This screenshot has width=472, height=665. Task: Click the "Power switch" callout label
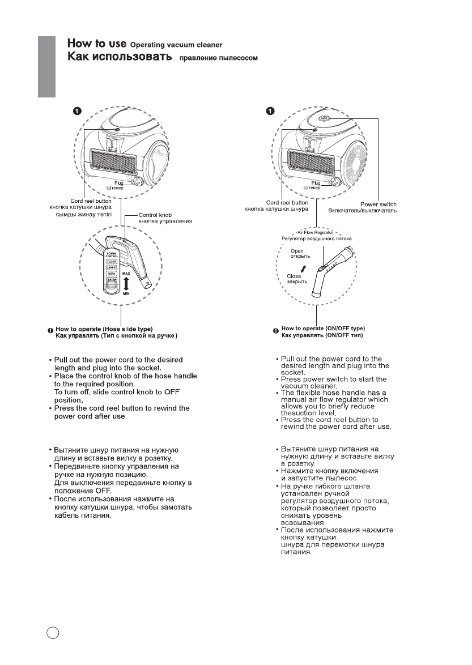tap(378, 204)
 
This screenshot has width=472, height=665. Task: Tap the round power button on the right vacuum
tap(324, 119)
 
